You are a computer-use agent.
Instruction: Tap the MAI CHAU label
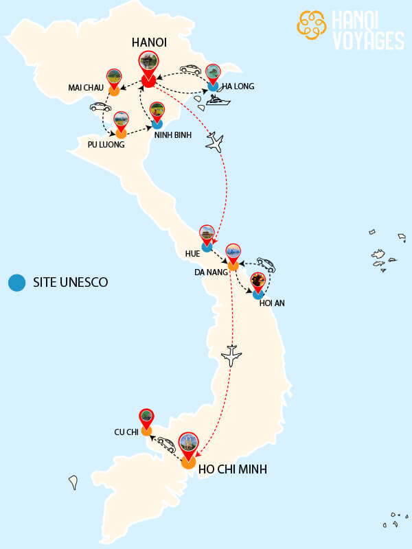[86, 88]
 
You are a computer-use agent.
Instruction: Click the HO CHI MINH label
[232, 470]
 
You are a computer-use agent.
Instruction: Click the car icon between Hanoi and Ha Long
[190, 69]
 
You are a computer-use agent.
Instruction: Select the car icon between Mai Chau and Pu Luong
[100, 107]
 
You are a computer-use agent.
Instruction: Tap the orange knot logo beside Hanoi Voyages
[311, 25]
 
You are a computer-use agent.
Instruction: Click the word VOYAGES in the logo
[368, 40]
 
